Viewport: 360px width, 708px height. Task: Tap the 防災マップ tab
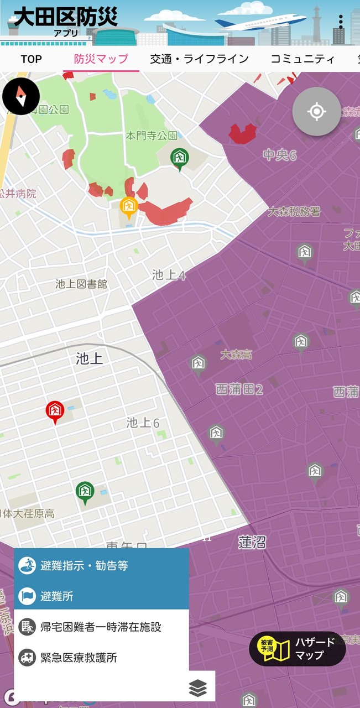(101, 59)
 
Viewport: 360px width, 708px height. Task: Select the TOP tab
(31, 59)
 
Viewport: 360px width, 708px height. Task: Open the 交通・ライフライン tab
(199, 59)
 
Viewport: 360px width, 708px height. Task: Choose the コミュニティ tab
(302, 59)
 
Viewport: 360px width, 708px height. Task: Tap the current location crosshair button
(316, 112)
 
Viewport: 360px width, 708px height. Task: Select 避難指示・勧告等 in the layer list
(101, 565)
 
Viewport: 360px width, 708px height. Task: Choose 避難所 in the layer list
(101, 596)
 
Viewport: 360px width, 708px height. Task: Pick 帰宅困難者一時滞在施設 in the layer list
(101, 627)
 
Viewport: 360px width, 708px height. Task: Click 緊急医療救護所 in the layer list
(101, 658)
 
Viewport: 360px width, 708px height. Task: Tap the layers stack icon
(197, 688)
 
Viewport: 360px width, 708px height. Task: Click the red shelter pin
(55, 412)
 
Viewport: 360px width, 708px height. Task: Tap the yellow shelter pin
(129, 207)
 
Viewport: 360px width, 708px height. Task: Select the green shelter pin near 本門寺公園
(179, 158)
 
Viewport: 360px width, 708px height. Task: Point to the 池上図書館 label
(81, 284)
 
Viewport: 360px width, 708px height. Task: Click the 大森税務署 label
(294, 211)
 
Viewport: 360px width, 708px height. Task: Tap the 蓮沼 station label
(252, 542)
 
